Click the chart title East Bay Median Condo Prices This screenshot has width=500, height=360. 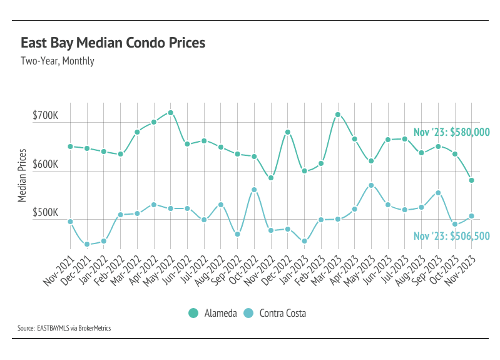coord(113,43)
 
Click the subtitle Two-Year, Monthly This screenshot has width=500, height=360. coord(57,61)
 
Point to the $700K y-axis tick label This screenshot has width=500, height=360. coord(45,116)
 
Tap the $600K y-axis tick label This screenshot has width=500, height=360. coord(45,165)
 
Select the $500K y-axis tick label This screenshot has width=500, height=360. coord(45,213)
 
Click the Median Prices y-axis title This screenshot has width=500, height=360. coord(23,175)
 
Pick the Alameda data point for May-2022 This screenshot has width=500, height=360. coord(170,113)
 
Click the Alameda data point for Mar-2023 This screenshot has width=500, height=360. coord(337,115)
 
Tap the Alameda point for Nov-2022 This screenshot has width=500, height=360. coord(271,178)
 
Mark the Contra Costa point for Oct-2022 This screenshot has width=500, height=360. coord(254,190)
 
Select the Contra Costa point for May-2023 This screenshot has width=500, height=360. coord(371,185)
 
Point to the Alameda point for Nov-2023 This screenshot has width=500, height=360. coord(471,180)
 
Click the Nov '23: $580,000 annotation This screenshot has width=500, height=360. coord(451,132)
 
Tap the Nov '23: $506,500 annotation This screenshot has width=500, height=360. coord(451,236)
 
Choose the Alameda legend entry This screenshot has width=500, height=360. coord(213,313)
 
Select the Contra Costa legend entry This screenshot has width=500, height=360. coord(275,313)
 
